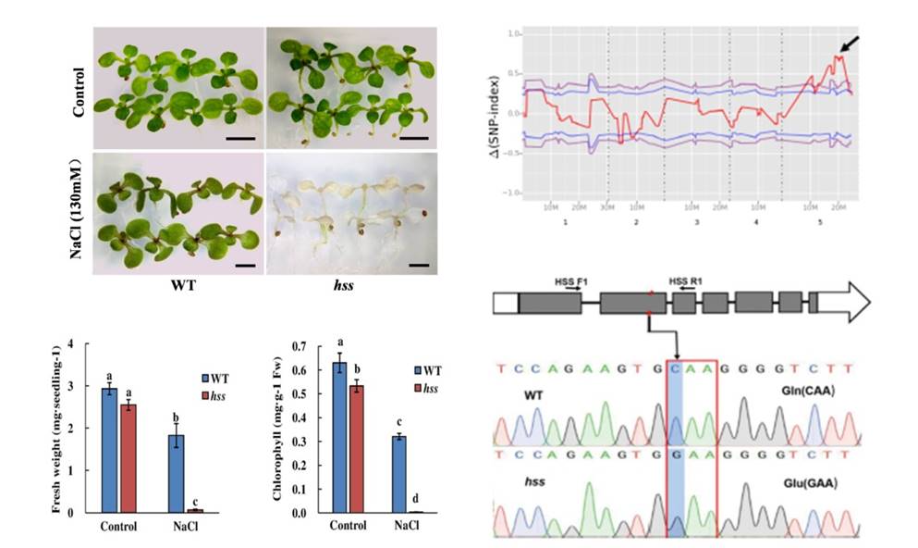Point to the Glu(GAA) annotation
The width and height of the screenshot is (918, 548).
click(805, 485)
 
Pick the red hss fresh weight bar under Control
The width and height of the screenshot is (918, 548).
click(135, 457)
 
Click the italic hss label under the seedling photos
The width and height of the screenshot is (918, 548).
click(342, 285)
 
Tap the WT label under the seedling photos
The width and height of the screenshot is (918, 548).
click(178, 285)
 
